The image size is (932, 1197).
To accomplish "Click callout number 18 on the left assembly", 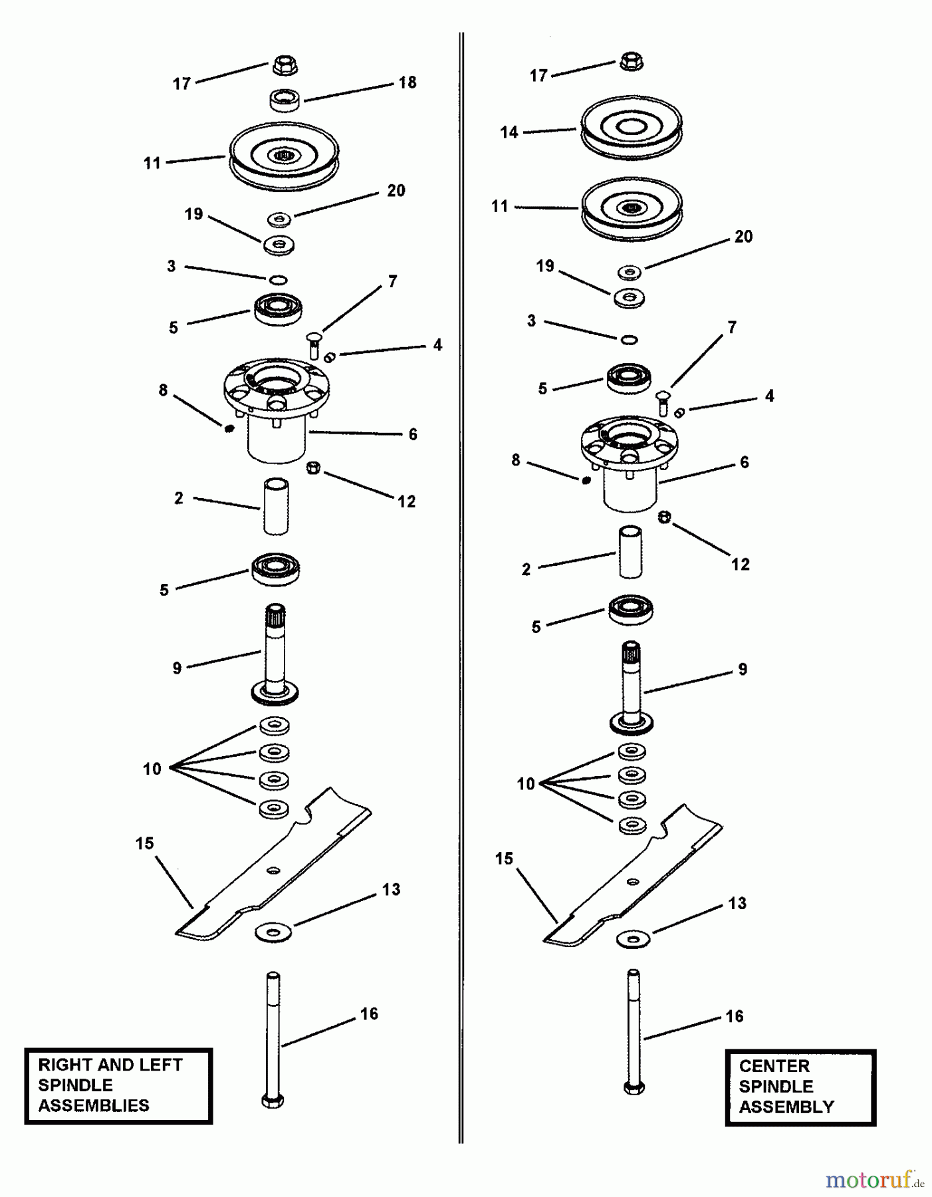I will pyautogui.click(x=407, y=82).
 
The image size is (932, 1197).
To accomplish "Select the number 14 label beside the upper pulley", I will pyautogui.click(x=509, y=132).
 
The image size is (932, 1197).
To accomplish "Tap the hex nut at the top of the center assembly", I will pyautogui.click(x=632, y=62).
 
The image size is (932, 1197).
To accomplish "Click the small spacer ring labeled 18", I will pyautogui.click(x=285, y=100).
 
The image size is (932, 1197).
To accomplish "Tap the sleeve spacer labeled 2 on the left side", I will pyautogui.click(x=276, y=505).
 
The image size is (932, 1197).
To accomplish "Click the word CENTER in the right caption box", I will pyautogui.click(x=774, y=1067).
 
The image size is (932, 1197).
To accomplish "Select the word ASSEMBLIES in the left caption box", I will pyautogui.click(x=94, y=1106).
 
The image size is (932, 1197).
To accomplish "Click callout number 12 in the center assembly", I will pyautogui.click(x=740, y=565).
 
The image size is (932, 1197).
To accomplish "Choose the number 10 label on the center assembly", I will pyautogui.click(x=526, y=784).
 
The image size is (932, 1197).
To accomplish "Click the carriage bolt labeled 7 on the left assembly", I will pyautogui.click(x=314, y=346).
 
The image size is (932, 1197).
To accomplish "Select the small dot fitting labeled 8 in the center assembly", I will pyautogui.click(x=586, y=480).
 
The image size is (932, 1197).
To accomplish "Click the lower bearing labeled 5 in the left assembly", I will pyautogui.click(x=276, y=569).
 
